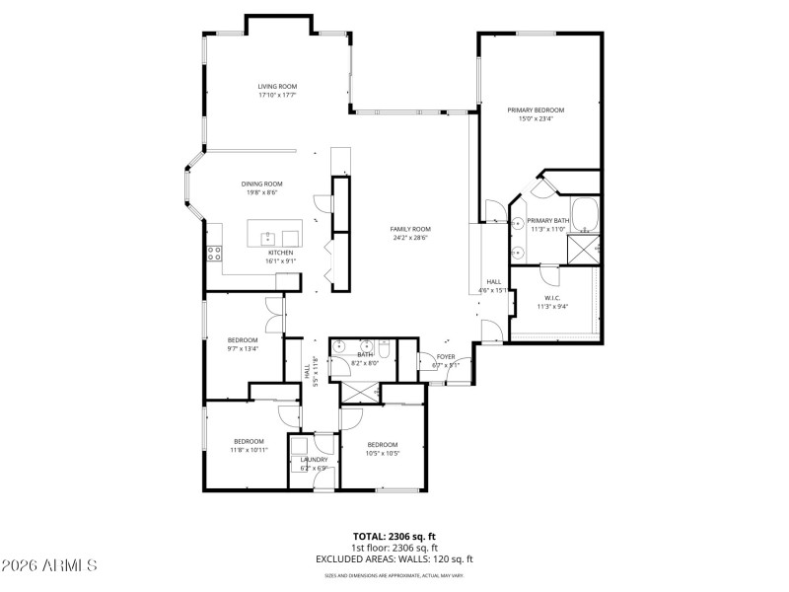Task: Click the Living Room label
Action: pyautogui.click(x=277, y=87)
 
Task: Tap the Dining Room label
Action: pyautogui.click(x=262, y=184)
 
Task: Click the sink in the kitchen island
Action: pyautogui.click(x=267, y=237)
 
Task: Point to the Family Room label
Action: pyautogui.click(x=411, y=229)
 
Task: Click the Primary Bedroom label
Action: pyautogui.click(x=536, y=110)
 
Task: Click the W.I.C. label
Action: pyautogui.click(x=553, y=298)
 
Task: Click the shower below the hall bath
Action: pyautogui.click(x=361, y=393)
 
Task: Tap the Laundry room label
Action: pyautogui.click(x=314, y=460)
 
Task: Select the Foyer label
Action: pyautogui.click(x=446, y=356)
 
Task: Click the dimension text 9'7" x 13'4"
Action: pyautogui.click(x=243, y=347)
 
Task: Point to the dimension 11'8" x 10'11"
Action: pyautogui.click(x=249, y=449)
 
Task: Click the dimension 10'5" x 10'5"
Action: pyautogui.click(x=382, y=452)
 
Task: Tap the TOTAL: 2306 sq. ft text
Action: pyautogui.click(x=394, y=536)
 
